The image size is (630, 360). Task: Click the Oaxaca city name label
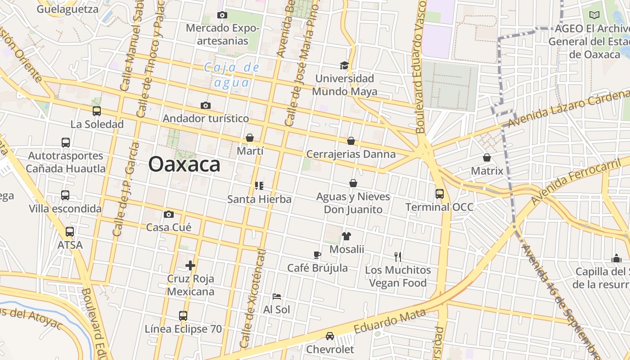(184, 164)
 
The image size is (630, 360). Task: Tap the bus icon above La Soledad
(96, 111)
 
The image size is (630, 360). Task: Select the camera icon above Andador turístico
(206, 106)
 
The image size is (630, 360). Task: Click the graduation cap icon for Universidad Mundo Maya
(344, 66)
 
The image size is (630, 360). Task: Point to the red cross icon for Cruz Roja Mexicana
(190, 265)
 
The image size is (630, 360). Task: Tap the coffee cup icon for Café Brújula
(317, 255)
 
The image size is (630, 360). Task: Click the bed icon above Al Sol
(277, 297)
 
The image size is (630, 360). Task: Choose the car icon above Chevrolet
(330, 336)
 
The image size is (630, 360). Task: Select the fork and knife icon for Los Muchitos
(398, 257)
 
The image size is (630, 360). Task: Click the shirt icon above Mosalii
(346, 236)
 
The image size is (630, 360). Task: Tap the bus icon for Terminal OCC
(440, 194)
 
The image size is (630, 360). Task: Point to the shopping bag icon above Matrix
(486, 157)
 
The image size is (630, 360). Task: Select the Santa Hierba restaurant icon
(259, 186)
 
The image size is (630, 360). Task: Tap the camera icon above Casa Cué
(169, 214)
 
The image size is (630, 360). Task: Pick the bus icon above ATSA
(70, 232)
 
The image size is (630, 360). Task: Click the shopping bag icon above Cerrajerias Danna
(351, 141)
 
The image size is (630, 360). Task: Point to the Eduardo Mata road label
(389, 321)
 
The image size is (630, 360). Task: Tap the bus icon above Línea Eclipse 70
(183, 315)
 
